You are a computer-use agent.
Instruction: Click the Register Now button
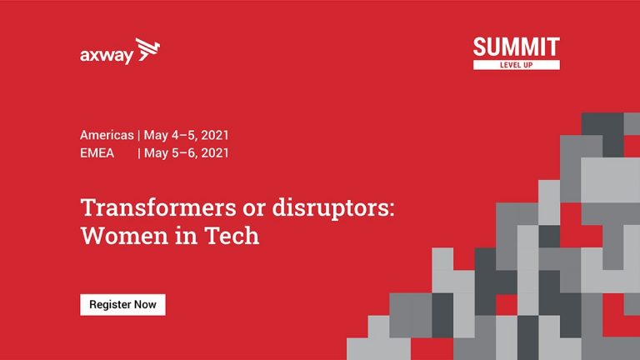click(x=122, y=304)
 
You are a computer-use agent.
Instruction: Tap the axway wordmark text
click(x=107, y=56)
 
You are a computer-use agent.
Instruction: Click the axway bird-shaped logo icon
click(x=147, y=49)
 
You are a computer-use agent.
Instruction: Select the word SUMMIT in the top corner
click(x=517, y=47)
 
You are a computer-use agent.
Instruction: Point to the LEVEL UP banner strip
click(x=517, y=65)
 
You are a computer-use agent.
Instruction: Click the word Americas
click(x=107, y=135)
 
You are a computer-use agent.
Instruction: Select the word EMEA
click(x=97, y=153)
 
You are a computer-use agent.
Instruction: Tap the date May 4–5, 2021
click(x=186, y=135)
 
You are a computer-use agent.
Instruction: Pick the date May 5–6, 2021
click(x=186, y=153)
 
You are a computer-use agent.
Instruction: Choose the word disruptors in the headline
click(x=329, y=208)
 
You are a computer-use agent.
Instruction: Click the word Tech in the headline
click(x=232, y=236)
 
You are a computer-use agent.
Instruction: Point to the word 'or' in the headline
click(x=254, y=210)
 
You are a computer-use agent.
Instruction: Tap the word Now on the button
click(x=145, y=304)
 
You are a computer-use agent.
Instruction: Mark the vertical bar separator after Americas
click(x=139, y=135)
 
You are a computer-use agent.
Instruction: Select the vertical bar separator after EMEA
click(x=139, y=153)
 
